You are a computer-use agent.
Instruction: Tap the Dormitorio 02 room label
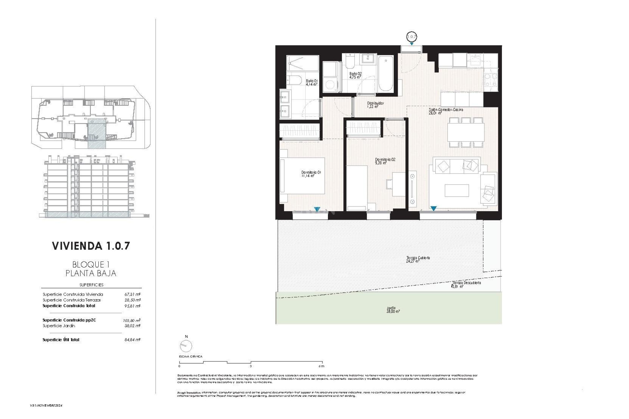pos(385,161)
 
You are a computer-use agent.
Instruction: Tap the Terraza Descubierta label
pos(466,284)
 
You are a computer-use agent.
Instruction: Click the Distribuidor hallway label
pos(375,104)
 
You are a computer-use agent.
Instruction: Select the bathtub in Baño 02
pos(386,74)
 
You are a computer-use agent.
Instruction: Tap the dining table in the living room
pos(466,132)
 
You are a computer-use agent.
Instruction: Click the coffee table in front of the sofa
pos(456,191)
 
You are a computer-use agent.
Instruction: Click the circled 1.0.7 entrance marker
pos(411,36)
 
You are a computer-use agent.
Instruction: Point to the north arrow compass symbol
pos(186,345)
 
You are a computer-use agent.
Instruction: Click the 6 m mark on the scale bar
pos(321,366)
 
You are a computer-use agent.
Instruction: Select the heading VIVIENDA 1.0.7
pos(91,246)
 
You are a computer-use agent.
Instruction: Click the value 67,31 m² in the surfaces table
pos(132,294)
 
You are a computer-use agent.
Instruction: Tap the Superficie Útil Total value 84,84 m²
pos(132,340)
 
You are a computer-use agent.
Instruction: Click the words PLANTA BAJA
pos(91,273)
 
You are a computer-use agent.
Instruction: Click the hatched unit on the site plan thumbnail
pos(97,134)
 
